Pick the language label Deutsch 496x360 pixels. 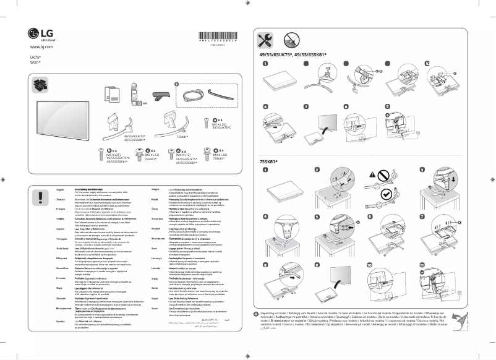(x=61, y=200)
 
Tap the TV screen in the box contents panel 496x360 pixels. (x=62, y=117)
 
